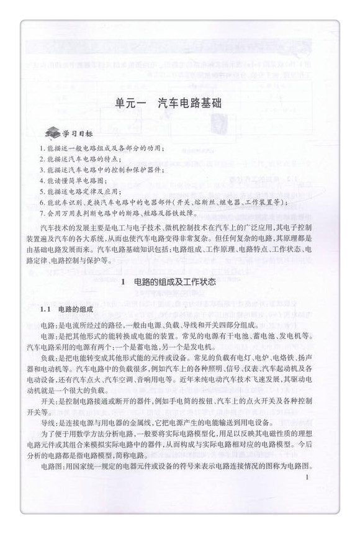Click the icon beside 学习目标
[x=52, y=133]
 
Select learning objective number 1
[x=100, y=148]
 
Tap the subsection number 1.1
[x=45, y=309]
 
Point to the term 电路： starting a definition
[x=49, y=325]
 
